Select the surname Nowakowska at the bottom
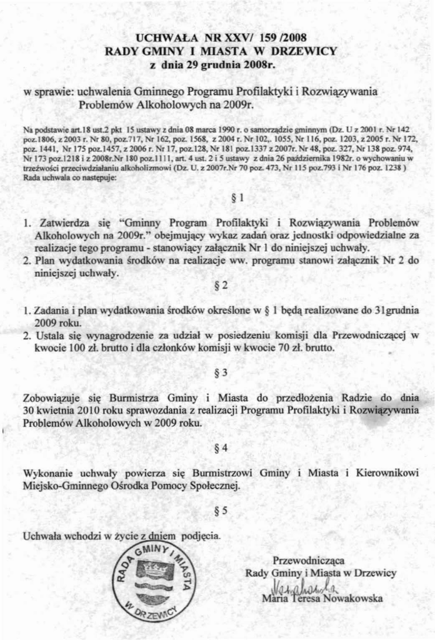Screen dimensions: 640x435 pyautogui.click(x=351, y=599)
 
